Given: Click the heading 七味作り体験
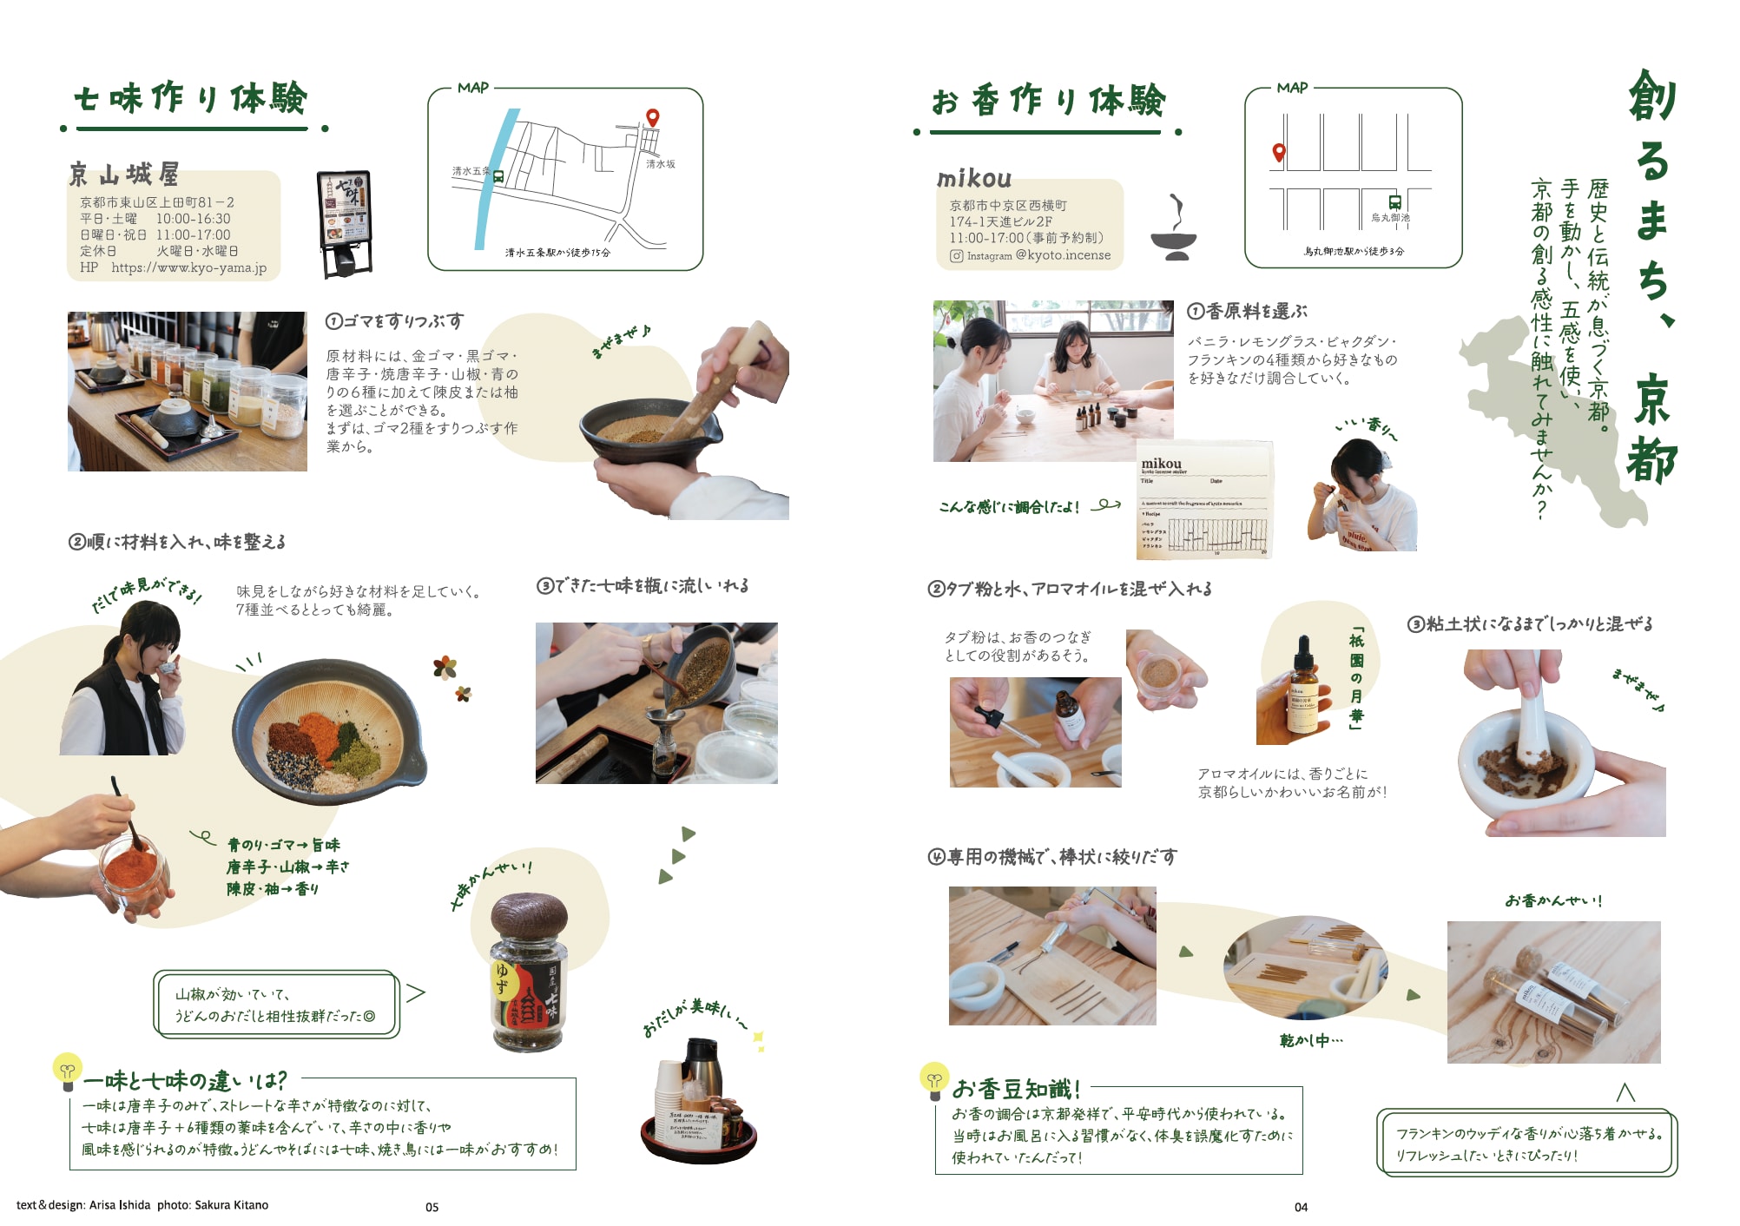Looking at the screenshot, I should (191, 99).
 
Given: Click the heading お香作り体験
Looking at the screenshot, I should (1049, 102).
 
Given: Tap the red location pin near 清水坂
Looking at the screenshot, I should (652, 117).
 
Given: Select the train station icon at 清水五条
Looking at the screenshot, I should (498, 176).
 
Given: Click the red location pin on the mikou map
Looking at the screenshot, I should (1278, 153).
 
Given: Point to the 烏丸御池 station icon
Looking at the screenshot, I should (1394, 202).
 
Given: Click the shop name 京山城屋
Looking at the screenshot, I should (124, 175).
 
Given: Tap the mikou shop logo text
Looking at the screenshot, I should (974, 179).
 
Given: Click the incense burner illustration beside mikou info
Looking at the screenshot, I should (1174, 229).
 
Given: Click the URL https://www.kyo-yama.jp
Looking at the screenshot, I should (188, 267).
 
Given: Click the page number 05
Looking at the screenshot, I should (432, 1207).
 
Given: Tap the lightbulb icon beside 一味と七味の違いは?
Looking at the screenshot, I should (67, 1071).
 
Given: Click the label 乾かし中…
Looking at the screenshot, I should (1310, 1040).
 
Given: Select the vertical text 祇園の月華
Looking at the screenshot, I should (1356, 678).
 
